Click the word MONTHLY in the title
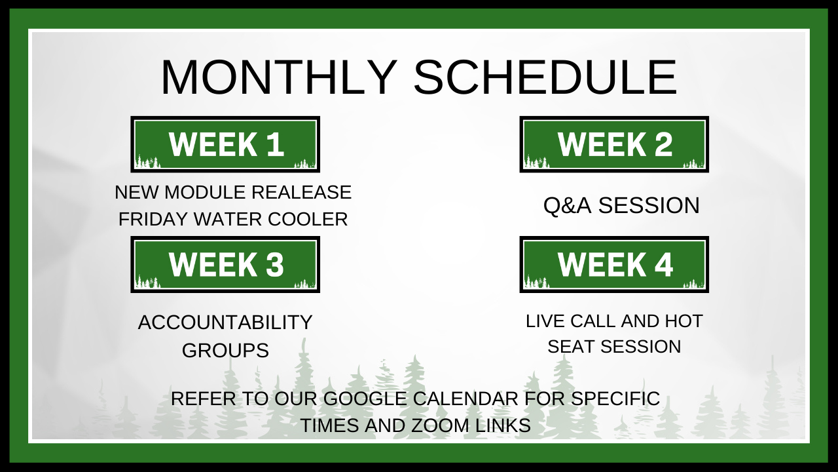[x=279, y=77]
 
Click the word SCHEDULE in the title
[x=545, y=77]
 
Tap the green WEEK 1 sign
[x=225, y=144]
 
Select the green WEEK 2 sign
[x=614, y=144]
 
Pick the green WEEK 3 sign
[x=225, y=264]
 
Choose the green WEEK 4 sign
[x=614, y=264]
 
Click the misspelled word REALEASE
[x=302, y=192]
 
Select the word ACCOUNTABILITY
[x=225, y=323]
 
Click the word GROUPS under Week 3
[x=225, y=350]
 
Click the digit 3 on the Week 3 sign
[x=275, y=264]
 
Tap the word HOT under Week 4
[x=685, y=321]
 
